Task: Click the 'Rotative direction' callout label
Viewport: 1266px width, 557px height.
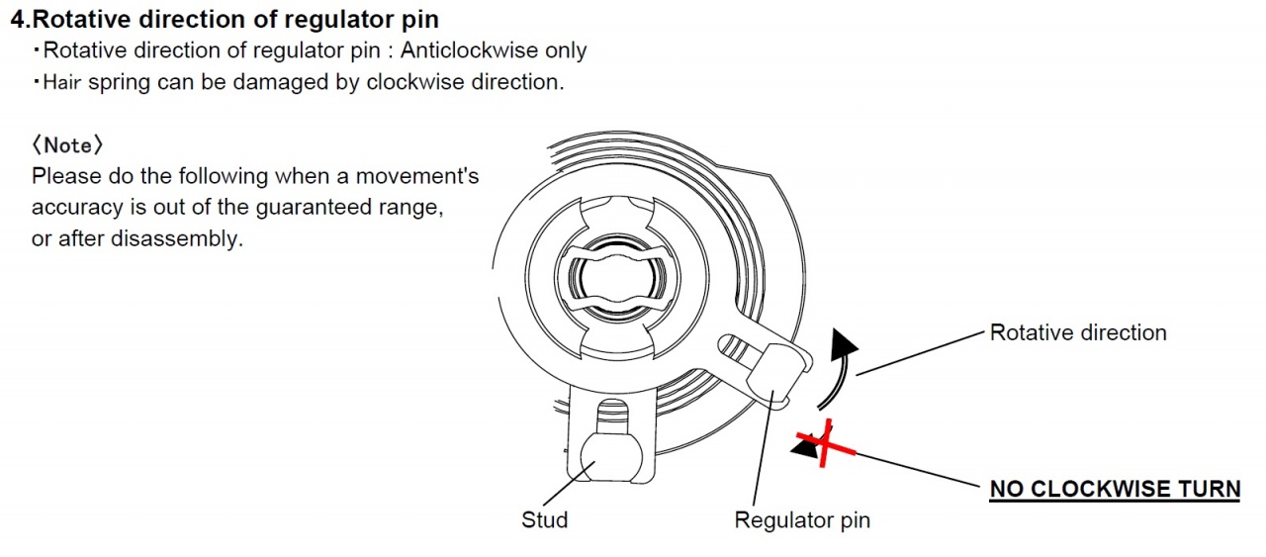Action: point(1078,332)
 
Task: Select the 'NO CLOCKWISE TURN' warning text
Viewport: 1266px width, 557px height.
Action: point(1115,489)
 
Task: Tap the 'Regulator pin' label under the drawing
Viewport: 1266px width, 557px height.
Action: point(802,519)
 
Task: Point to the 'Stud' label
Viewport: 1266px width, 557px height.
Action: point(545,519)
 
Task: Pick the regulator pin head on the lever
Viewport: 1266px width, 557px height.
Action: point(776,370)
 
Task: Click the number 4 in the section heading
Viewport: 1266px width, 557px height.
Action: point(17,19)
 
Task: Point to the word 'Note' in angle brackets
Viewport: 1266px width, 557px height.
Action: point(67,145)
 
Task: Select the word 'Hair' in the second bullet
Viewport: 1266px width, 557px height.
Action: point(62,82)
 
